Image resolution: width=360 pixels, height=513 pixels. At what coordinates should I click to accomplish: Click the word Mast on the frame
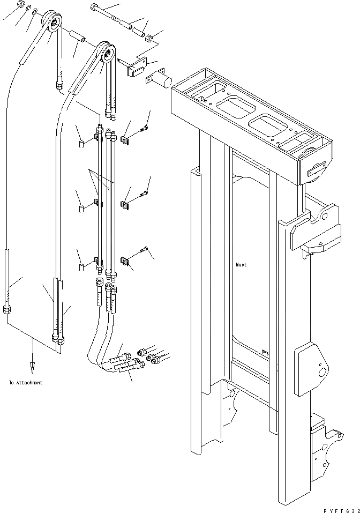coord(241,265)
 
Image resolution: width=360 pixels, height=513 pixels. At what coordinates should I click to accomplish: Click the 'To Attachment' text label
coord(26,383)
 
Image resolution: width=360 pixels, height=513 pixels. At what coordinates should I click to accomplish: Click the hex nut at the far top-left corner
coord(20,5)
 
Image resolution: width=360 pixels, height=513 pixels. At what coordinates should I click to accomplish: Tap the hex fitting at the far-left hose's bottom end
coord(6,309)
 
